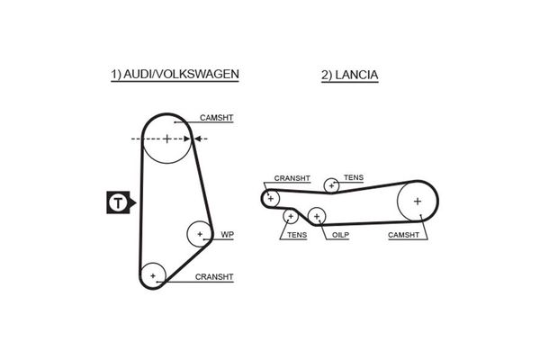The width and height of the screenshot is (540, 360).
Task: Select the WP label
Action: point(227,235)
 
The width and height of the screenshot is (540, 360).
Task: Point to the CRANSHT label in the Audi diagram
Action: point(214,277)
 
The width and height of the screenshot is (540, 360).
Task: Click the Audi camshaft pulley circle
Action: point(167,139)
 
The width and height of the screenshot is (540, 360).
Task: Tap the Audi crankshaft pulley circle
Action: point(153,274)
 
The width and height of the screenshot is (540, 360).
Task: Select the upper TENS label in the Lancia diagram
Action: point(354,178)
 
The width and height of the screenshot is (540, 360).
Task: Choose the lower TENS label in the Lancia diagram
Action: point(296,235)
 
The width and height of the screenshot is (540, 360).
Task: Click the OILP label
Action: point(339,235)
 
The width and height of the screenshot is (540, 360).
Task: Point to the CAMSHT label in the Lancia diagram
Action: point(403,235)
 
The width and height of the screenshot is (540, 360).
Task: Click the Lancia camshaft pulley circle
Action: point(418,201)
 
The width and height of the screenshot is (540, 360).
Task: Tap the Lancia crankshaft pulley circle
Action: point(271,197)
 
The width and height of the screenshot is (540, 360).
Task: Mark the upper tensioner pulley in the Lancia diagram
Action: point(332,185)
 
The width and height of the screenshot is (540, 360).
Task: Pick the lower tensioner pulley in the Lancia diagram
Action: point(290,216)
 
